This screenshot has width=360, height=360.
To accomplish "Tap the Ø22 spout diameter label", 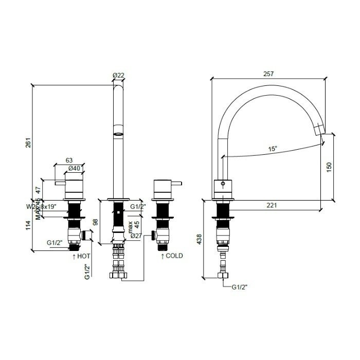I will coord(119,76).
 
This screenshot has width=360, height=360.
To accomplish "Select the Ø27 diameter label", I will coord(136,237).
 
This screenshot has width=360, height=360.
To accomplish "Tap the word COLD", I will coord(174,256).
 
